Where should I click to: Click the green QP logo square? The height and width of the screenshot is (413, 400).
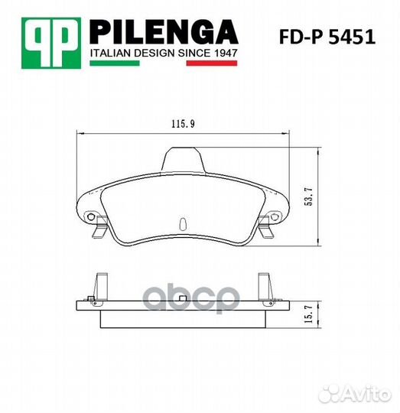click(51, 43)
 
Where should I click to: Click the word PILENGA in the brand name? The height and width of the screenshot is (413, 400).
click(164, 32)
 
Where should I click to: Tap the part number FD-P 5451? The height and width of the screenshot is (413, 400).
click(327, 37)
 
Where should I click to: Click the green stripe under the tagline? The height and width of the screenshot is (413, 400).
click(115, 63)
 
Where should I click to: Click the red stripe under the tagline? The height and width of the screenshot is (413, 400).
click(212, 63)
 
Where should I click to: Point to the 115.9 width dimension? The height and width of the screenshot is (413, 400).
click(183, 124)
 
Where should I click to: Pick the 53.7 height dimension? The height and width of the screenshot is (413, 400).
click(309, 197)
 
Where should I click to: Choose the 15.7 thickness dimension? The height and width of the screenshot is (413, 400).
click(309, 314)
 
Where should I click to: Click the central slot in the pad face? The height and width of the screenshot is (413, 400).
click(183, 223)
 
